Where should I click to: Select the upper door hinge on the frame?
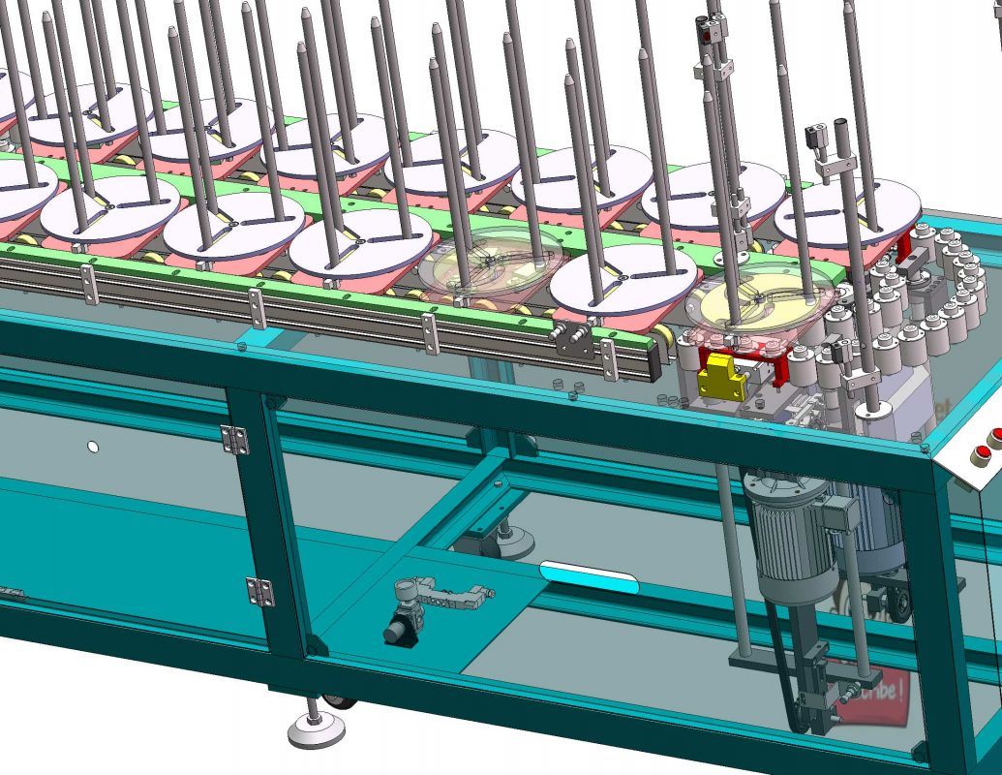click(x=234, y=439)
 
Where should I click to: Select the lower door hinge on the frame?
click(x=258, y=591)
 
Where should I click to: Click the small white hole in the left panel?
click(x=93, y=447)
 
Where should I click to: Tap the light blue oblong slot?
click(x=589, y=577)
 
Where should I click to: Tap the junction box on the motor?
click(x=834, y=513)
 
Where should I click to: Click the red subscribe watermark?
click(x=871, y=702)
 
